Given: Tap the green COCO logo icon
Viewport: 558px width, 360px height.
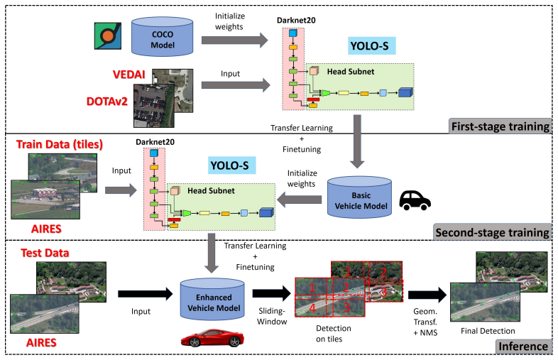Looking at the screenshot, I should click(x=106, y=37).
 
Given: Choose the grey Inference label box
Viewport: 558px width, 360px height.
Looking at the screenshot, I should click(x=523, y=347).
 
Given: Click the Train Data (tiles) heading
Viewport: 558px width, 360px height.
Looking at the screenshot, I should click(x=58, y=144).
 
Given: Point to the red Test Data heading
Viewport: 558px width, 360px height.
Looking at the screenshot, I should click(x=46, y=253).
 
